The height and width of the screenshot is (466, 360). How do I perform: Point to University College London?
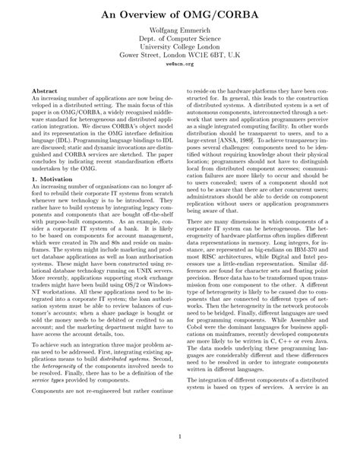[180, 49]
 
